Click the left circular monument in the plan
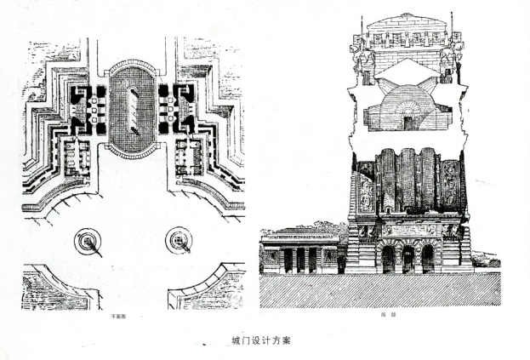pos(88,243)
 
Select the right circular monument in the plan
pos(179,242)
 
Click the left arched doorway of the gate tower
pos(387,259)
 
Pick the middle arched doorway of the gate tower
pos(407,259)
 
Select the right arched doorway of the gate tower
pos(427,259)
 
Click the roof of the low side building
pos(302,232)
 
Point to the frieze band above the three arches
pos(407,230)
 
